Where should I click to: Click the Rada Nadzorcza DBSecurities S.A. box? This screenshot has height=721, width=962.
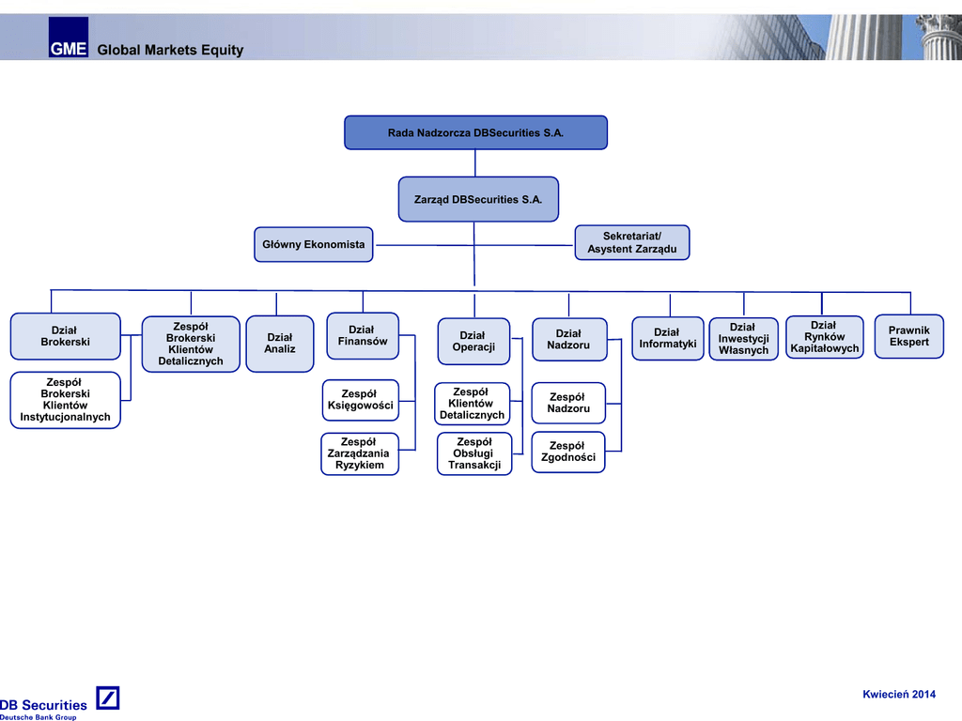pos(475,132)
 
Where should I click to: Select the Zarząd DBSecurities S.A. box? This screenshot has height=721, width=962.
pos(478,199)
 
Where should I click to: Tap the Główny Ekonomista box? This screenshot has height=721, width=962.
pos(313,244)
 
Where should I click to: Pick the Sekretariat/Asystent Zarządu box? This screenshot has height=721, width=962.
pos(631,242)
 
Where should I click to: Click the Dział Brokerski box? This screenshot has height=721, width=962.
pos(66,336)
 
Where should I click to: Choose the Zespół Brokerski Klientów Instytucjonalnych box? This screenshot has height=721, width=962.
pos(66,400)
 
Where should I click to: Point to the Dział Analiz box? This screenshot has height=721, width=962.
pos(280,344)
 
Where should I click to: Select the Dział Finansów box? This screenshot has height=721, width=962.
pos(362,335)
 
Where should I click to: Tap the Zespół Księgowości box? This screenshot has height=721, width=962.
pos(360,400)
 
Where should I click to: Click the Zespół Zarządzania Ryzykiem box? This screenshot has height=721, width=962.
pos(360,453)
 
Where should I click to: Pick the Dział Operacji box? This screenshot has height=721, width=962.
pos(473,342)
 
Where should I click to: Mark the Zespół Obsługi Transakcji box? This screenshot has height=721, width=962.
pos(474,453)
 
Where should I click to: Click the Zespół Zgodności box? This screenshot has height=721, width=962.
pos(568,452)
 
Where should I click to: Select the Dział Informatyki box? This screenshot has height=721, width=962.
pos(668,338)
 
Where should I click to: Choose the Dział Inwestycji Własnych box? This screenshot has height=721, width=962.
pos(743,339)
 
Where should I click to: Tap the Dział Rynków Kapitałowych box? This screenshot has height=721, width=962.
pos(824,337)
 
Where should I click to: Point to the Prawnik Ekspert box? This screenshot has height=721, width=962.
pos(908,336)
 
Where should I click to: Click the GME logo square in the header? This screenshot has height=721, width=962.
pos(69,38)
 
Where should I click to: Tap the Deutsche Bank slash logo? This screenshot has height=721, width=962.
pos(108,698)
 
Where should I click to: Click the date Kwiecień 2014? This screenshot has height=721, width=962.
pos(899,695)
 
